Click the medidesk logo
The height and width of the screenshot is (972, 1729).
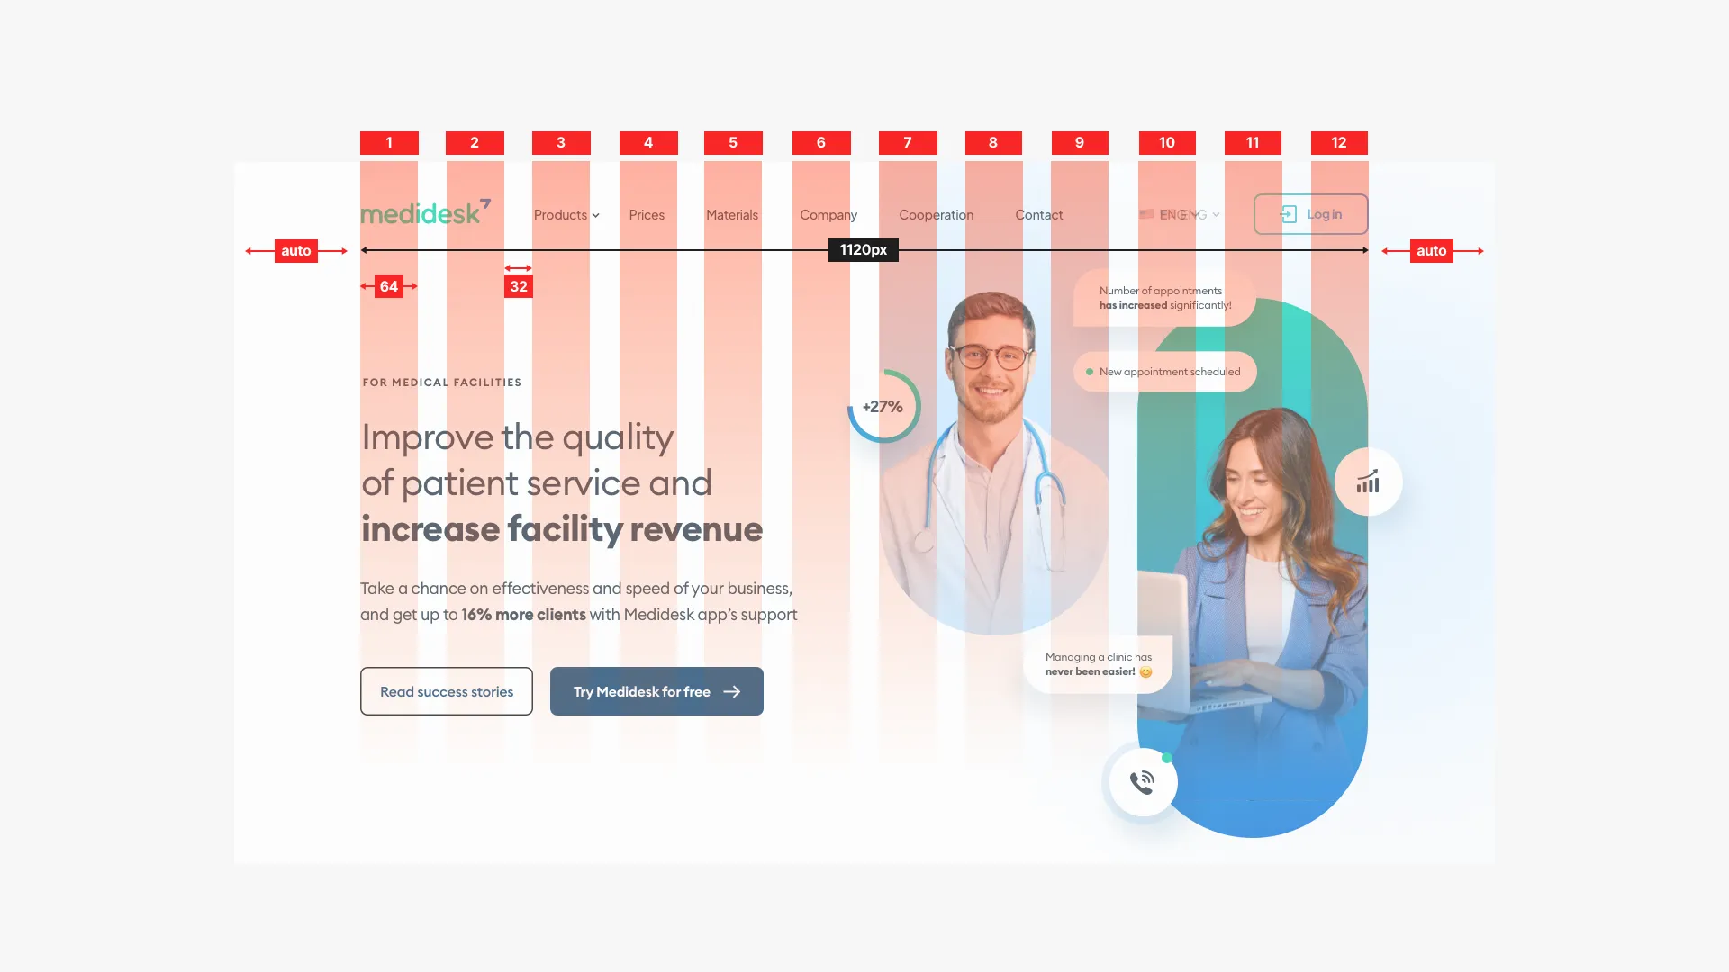pos(425,212)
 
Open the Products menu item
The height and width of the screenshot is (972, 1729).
pos(566,215)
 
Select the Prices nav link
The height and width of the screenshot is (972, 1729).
pos(647,215)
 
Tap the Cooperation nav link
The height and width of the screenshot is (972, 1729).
pos(936,215)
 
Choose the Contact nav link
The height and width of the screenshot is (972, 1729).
pos(1038,215)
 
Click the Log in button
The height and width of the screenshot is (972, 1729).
pos(1310,214)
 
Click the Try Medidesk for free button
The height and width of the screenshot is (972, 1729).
pos(656,691)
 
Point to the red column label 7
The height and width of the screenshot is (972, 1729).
pos(908,142)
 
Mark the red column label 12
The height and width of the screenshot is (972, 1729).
pos(1339,142)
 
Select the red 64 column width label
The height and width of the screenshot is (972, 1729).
pos(389,286)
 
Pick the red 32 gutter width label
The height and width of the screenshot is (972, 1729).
pos(519,286)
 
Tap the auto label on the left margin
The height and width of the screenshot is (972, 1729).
pos(296,250)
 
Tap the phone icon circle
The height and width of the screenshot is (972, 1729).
pos(1143,782)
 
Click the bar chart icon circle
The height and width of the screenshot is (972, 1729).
pos(1368,482)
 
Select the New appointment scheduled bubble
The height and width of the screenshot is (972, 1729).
pos(1165,372)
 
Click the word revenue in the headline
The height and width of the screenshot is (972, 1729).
pos(696,529)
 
